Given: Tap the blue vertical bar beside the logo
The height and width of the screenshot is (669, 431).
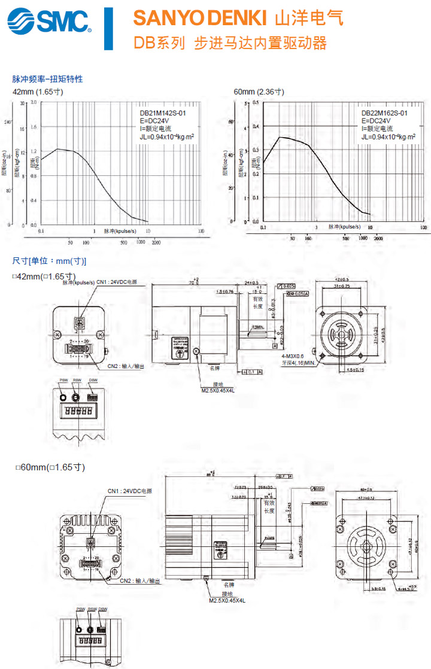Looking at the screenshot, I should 108,28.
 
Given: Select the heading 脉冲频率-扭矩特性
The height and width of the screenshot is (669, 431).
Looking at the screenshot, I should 47,79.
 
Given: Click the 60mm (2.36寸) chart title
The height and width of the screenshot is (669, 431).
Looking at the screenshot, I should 259,92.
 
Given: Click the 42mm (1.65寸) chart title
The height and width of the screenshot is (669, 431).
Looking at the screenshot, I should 38,92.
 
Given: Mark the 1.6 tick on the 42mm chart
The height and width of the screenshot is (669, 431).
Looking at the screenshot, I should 34,127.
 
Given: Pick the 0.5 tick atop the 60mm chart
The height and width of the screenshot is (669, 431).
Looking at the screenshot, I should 256,103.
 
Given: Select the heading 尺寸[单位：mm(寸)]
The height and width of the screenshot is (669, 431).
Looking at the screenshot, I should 49,261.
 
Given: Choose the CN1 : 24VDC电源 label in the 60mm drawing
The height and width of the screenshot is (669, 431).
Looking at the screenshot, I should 129,491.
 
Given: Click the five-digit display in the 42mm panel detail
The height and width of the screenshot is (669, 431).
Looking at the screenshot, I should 78,412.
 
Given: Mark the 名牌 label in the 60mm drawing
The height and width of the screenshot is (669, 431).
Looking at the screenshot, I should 229,583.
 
